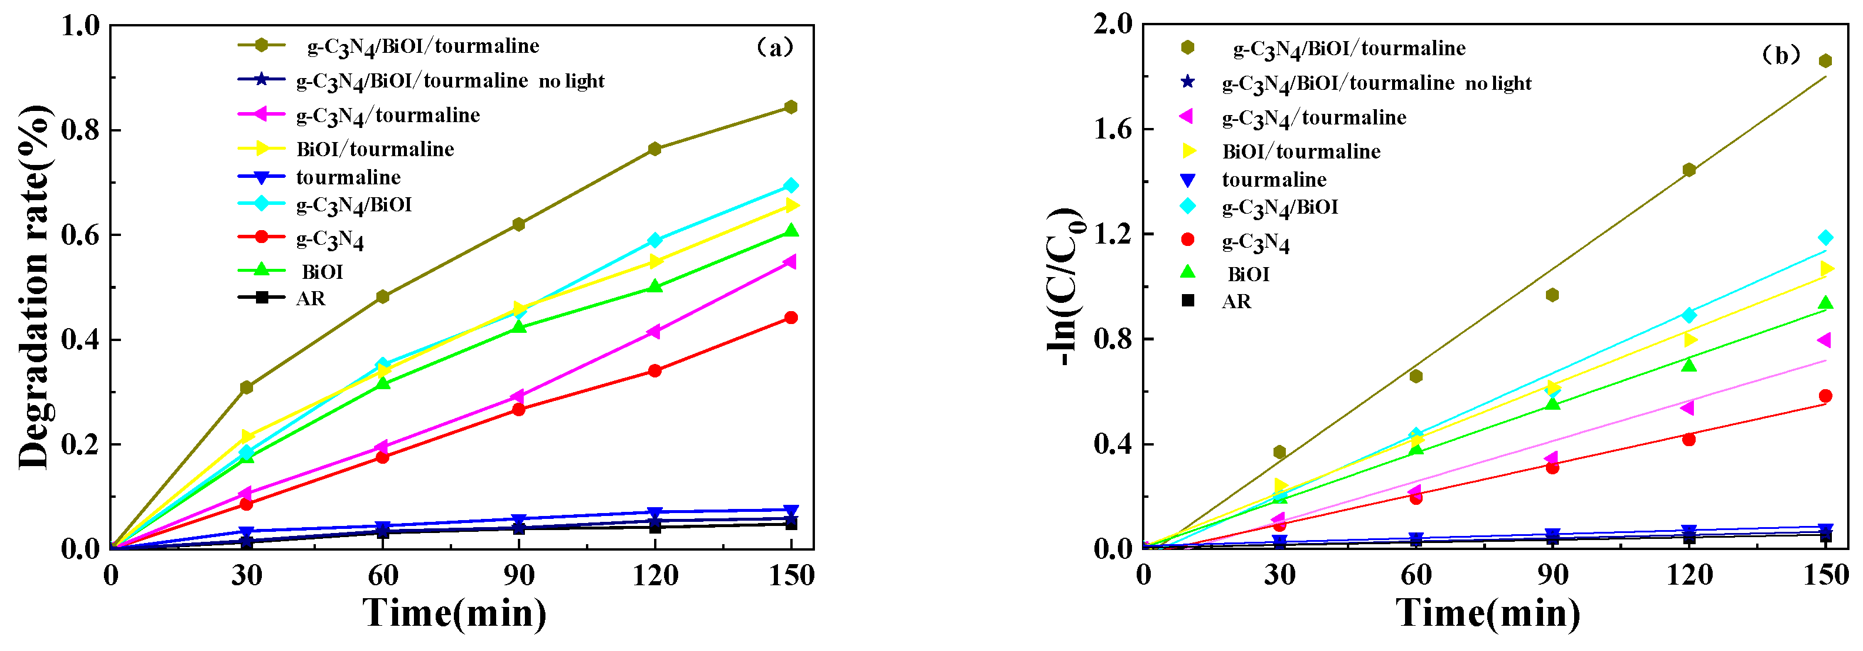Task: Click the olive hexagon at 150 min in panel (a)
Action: (790, 107)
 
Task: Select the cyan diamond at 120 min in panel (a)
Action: (655, 240)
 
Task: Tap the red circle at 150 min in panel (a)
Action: (790, 318)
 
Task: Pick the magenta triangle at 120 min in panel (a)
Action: (654, 331)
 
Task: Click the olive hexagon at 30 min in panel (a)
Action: (246, 387)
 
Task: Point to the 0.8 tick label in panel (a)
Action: (81, 131)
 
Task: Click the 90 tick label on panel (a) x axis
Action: (518, 576)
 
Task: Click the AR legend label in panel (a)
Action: (311, 298)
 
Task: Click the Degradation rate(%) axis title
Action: (35, 287)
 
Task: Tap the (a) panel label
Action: (774, 48)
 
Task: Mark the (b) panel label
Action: (1781, 55)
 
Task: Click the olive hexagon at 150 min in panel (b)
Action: (1825, 61)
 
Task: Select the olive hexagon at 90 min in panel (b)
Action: (1552, 295)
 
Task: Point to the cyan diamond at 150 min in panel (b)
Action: (1825, 238)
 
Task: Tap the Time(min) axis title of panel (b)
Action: (1488, 613)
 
